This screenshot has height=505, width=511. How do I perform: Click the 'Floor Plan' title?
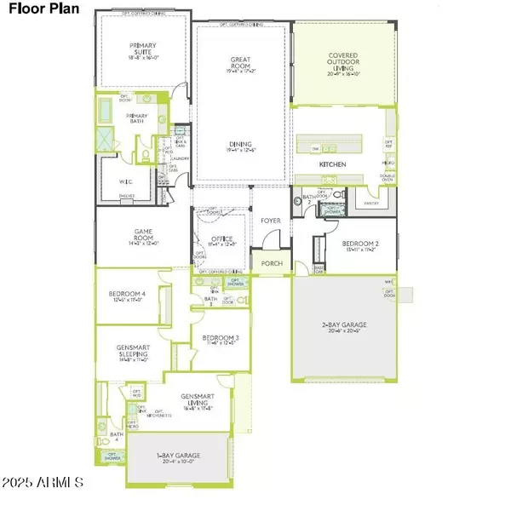tap(43, 13)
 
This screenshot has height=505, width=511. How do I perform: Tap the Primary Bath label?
tap(137, 117)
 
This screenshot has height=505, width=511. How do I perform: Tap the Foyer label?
tap(271, 221)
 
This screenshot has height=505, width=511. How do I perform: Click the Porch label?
tap(271, 263)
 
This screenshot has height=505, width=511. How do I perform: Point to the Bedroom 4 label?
tap(127, 296)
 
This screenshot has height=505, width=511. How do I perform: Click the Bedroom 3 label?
tap(220, 340)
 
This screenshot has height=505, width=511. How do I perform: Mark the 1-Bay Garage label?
tap(175, 460)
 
